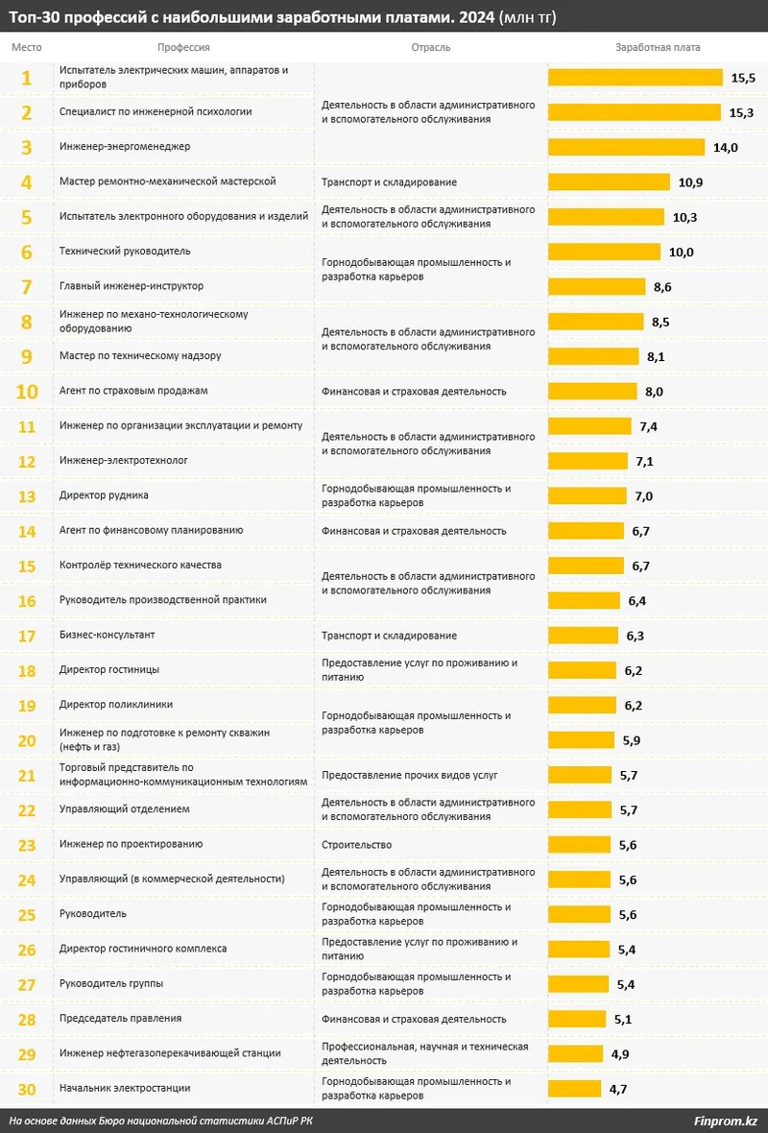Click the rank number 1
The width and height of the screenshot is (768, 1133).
[x=27, y=78]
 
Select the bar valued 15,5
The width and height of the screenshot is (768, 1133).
[x=635, y=78]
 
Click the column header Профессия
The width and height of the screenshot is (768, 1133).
[x=183, y=47]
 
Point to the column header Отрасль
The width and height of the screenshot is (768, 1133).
[x=430, y=47]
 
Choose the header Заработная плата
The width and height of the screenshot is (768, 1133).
[x=658, y=47]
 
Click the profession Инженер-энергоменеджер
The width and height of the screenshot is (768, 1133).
[x=125, y=147]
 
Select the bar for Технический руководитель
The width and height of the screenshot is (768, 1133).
[x=604, y=252]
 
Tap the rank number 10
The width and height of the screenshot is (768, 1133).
[x=27, y=392]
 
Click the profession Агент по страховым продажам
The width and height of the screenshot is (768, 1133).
[x=133, y=391]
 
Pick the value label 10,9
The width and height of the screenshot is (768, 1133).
[x=691, y=182]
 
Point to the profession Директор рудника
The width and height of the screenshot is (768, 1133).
[x=104, y=495]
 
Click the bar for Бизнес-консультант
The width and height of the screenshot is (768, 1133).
[x=583, y=636]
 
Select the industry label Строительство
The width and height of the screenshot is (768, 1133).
[x=356, y=845]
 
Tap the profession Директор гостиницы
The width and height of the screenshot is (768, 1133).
[x=109, y=669]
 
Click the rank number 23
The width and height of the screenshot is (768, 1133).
[x=27, y=845]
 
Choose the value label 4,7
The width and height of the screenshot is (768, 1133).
[x=619, y=1089]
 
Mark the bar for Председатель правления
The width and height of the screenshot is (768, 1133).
[x=577, y=1019]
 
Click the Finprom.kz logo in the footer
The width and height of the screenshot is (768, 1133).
[x=725, y=1121]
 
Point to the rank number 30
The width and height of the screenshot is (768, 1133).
[x=27, y=1089]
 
